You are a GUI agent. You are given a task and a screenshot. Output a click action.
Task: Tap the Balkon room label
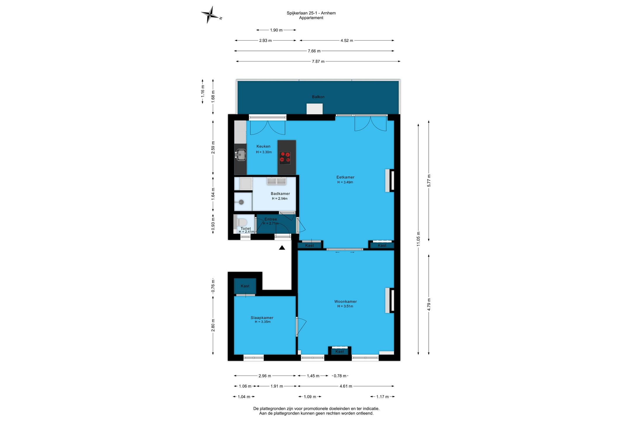[318, 97]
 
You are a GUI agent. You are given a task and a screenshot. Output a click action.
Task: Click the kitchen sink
[241, 154]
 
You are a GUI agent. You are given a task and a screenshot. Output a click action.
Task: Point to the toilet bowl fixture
[241, 223]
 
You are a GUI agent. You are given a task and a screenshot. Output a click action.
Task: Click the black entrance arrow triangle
[282, 248]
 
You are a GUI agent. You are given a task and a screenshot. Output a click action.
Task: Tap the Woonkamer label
[346, 301]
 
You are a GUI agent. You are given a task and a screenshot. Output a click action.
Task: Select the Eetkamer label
[345, 177]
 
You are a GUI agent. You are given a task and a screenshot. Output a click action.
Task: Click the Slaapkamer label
[262, 318]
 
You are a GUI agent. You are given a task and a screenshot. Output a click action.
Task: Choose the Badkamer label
[280, 194]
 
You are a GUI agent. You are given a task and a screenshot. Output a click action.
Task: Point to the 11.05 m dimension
[418, 239]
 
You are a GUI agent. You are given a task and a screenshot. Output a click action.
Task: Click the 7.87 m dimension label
[318, 61]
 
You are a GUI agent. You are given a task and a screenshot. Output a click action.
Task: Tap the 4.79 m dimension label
[429, 304]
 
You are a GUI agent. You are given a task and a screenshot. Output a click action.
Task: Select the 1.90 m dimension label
[276, 30]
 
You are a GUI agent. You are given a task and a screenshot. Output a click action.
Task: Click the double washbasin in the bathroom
[276, 181]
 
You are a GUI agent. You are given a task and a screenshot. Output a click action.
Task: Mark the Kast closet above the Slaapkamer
[245, 286]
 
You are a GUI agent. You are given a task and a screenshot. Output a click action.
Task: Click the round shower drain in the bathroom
[241, 202]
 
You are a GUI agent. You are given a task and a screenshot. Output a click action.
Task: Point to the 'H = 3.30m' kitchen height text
[264, 152]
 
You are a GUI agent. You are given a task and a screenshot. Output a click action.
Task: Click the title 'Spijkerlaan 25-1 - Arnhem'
[311, 13]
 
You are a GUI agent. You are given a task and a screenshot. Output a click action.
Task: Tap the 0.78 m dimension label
[340, 376]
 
